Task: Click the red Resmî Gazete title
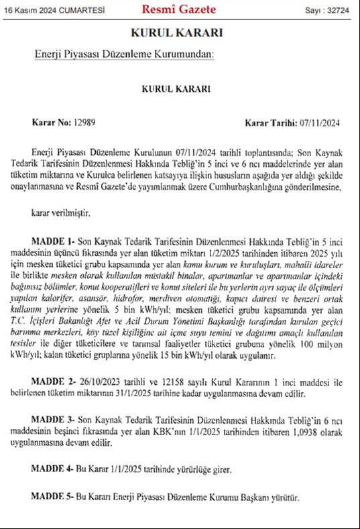178,9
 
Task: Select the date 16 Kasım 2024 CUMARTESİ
46,10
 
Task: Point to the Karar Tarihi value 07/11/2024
319,123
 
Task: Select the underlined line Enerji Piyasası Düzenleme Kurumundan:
124,55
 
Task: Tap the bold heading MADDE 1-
54,239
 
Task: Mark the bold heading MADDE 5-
54,498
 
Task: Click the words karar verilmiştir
64,213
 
